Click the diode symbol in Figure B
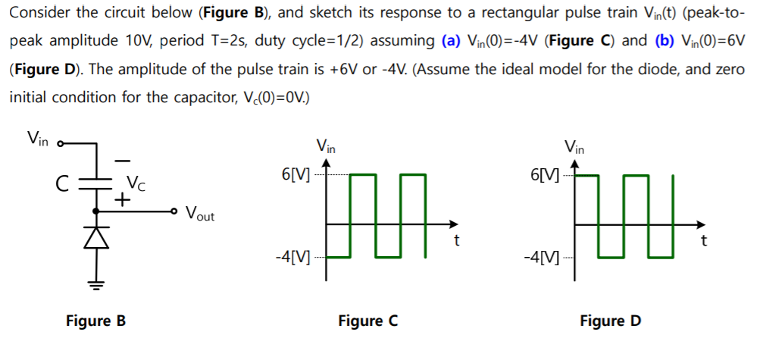(97, 236)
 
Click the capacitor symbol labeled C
(97, 183)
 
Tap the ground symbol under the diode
(97, 285)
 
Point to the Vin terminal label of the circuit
(37, 138)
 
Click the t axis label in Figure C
(456, 242)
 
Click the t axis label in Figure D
(704, 242)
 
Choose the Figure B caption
(95, 321)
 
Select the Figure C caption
(367, 321)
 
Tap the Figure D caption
(610, 321)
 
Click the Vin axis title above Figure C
(326, 146)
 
